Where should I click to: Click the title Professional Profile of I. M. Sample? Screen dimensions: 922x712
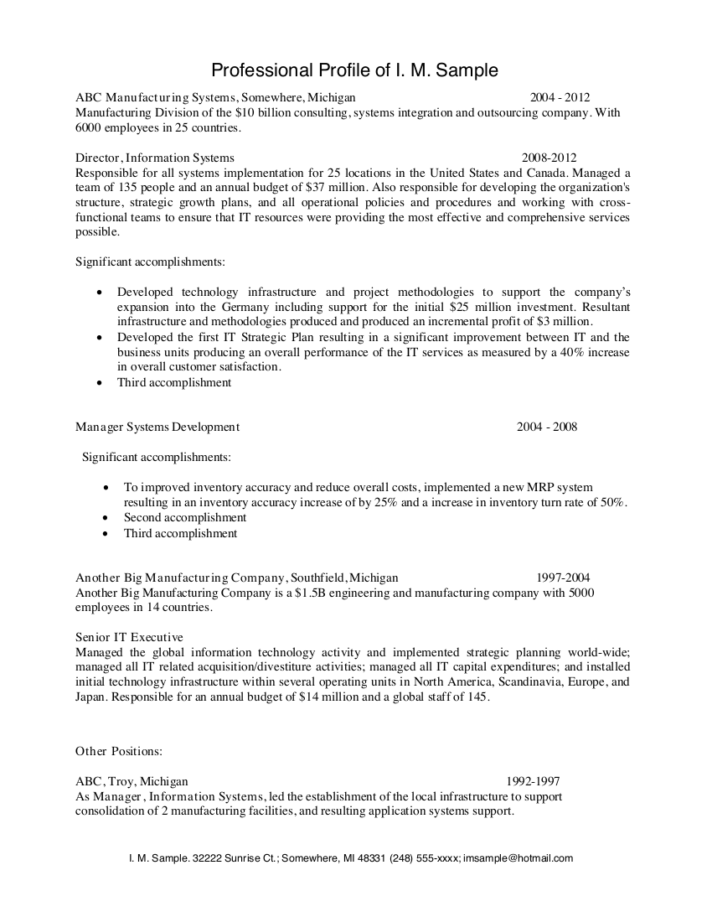click(354, 69)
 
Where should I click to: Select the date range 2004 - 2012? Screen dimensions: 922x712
click(565, 97)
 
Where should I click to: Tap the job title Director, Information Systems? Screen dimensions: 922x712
click(155, 158)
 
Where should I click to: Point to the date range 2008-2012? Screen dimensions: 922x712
click(549, 158)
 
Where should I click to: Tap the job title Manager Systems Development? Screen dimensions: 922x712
click(157, 427)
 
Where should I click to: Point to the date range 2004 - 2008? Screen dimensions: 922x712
click(547, 427)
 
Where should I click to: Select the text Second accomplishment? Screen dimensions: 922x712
click(185, 517)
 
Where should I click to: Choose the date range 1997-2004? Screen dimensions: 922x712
click(563, 578)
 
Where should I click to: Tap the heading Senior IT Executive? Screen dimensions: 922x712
click(129, 637)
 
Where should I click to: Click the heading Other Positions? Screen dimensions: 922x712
click(119, 750)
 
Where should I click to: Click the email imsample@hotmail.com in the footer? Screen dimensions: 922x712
click(518, 858)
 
